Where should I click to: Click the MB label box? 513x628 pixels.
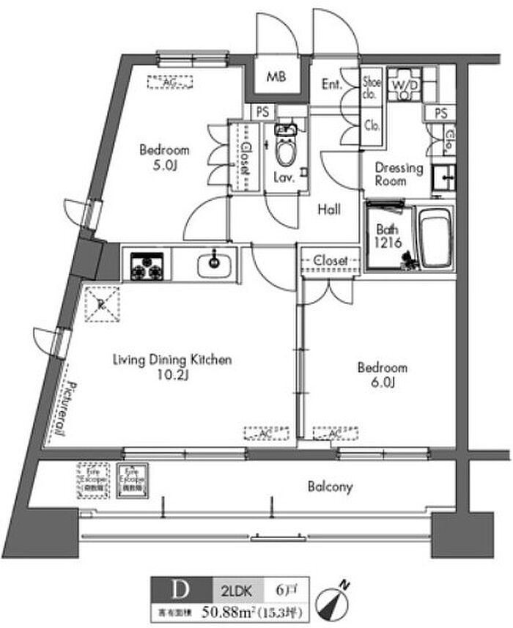pos(276,76)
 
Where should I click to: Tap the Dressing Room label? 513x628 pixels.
pos(399,174)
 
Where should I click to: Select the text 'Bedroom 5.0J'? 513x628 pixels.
pos(164,158)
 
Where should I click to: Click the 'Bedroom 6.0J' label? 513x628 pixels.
pos(381,374)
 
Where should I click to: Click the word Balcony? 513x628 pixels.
pos(331,486)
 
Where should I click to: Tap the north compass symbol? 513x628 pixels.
pos(334,604)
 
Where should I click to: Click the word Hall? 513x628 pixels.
pos(329,210)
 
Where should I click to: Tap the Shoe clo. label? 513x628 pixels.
pos(372,88)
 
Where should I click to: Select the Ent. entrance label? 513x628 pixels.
pos(332,84)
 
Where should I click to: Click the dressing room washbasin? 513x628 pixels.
pos(443,177)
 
